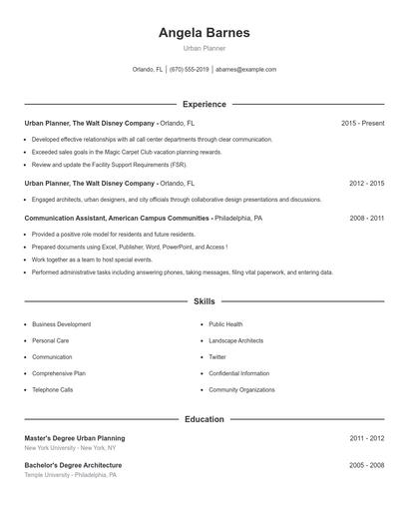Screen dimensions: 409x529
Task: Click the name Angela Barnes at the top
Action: pos(204,33)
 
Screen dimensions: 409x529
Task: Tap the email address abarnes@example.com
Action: pos(245,70)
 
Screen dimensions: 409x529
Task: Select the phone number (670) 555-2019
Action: pos(190,70)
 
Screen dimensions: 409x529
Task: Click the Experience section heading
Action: pos(204,104)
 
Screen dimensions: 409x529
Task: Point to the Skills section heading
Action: pos(204,300)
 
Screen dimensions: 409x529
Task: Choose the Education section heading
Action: pos(204,419)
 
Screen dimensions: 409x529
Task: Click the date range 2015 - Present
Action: pos(362,123)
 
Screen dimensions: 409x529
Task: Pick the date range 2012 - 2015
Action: pos(366,184)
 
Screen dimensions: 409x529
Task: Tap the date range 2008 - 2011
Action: pos(366,218)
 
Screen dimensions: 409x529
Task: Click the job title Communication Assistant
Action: pos(66,218)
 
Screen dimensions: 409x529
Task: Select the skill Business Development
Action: pos(61,324)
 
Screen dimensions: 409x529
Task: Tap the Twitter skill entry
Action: pos(217,356)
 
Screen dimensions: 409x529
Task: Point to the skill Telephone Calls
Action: pos(52,389)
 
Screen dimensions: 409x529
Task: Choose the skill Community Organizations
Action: pos(241,389)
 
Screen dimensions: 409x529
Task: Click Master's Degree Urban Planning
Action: pos(75,438)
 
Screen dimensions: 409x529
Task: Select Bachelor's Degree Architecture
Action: pos(73,465)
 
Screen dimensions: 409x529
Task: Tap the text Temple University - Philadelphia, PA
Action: pos(70,475)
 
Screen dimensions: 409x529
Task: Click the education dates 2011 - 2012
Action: pos(366,438)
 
